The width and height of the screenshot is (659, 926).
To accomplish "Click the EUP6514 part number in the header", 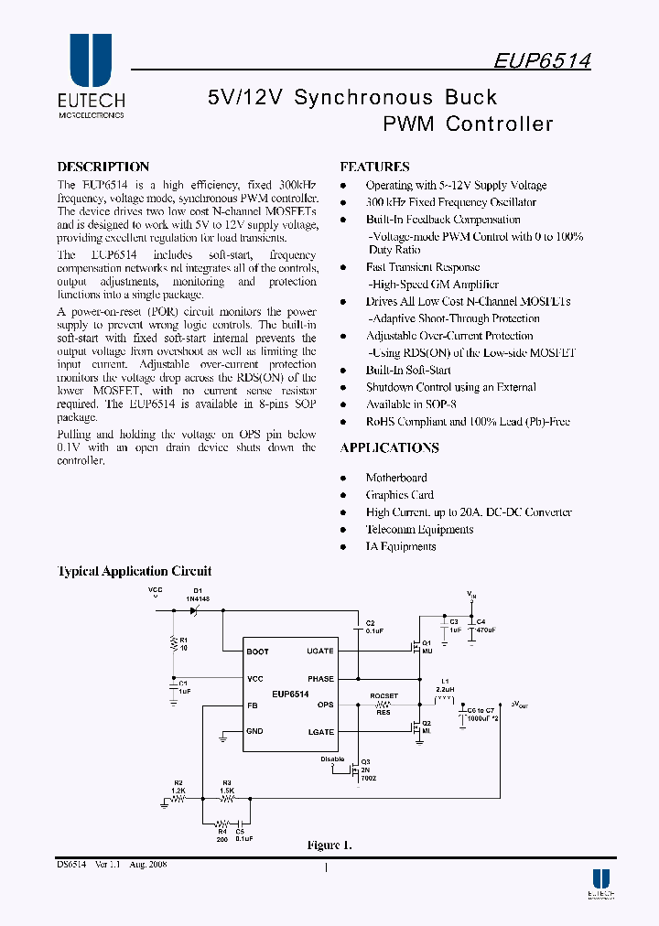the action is coord(542,60).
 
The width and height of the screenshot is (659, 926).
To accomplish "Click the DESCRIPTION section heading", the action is coord(103,167).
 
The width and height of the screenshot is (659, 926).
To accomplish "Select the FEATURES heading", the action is coord(374,167).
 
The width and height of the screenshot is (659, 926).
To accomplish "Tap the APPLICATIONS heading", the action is coord(389,447).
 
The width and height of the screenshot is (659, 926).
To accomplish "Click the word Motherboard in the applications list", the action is coord(396,478).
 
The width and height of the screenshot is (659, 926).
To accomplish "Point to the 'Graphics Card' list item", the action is coord(399,495).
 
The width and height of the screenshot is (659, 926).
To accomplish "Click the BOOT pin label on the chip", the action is coord(258,651).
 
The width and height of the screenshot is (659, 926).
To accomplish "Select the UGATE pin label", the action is coord(319,651).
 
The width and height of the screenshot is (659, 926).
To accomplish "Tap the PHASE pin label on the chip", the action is coord(320,679).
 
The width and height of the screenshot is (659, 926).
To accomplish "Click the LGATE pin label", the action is coord(320,732).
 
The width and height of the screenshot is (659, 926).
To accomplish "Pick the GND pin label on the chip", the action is coord(254,731).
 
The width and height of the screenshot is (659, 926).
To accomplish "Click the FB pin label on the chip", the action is coord(252,705).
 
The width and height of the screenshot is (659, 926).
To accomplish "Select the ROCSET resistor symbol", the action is coord(384,705).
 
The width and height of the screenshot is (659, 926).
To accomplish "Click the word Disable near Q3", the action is coord(332,759).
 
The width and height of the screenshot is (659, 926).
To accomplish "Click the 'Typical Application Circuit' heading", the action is coord(135,571).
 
